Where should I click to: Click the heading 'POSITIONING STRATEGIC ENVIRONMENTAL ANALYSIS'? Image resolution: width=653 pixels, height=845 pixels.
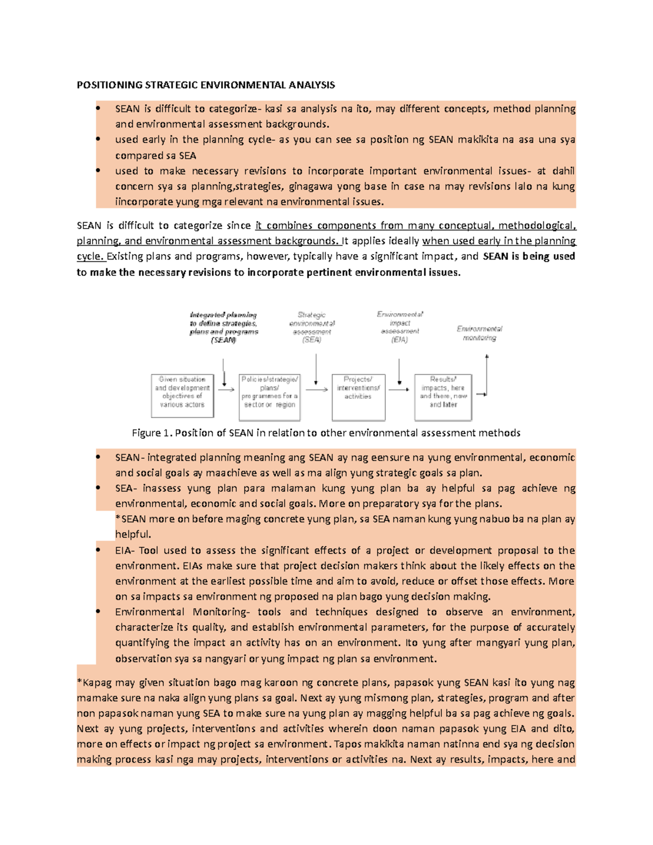[206, 85]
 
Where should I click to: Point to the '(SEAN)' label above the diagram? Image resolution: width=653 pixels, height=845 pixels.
[224, 340]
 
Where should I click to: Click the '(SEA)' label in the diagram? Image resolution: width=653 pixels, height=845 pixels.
[312, 340]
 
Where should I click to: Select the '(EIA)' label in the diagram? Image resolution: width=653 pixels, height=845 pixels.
[399, 340]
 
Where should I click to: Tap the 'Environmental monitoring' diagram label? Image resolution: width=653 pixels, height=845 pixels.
[479, 333]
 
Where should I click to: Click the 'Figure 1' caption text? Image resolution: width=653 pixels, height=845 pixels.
[326, 433]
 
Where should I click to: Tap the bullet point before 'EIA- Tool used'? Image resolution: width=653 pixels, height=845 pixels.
[98, 551]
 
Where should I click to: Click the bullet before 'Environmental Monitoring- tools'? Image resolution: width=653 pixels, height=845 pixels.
[98, 612]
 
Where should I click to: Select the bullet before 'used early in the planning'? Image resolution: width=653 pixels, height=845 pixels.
[98, 140]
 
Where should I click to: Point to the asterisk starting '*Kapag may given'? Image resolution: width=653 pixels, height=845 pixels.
[79, 682]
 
